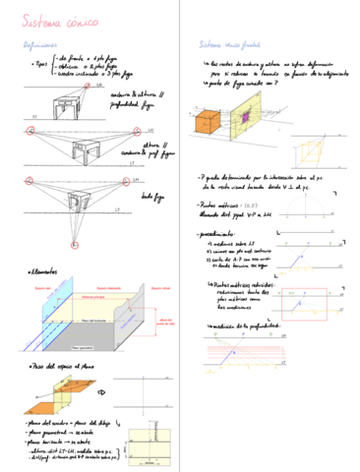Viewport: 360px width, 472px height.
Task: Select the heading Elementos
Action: click(42, 271)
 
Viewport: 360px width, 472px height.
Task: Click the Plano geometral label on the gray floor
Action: click(84, 347)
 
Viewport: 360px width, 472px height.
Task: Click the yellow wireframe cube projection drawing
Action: click(314, 147)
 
